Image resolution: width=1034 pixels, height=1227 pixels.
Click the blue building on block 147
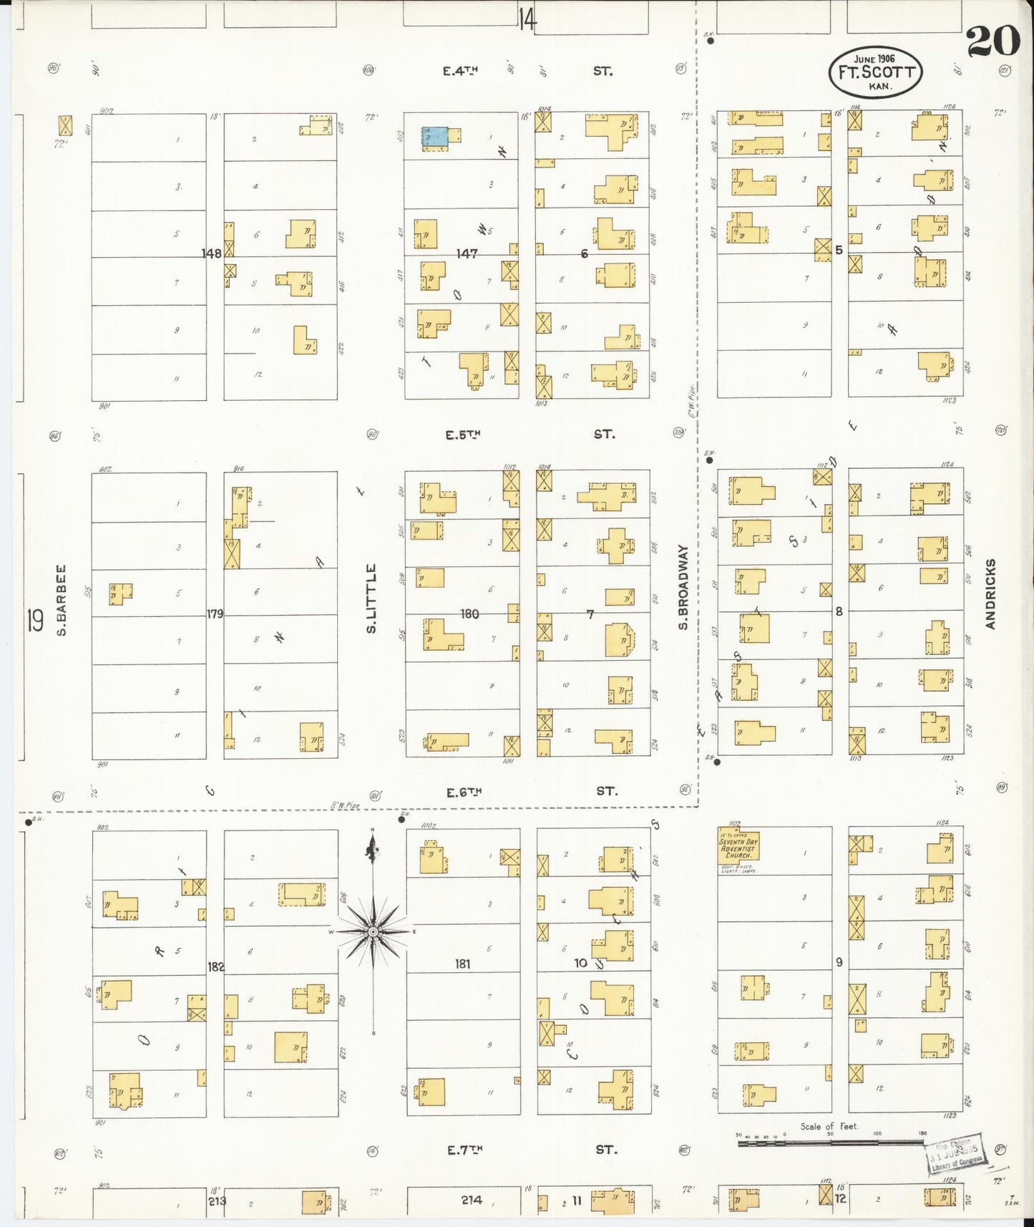click(x=434, y=137)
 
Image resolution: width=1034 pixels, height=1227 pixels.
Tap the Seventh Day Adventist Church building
click(x=738, y=845)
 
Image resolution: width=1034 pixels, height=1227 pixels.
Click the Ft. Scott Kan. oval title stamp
click(x=875, y=72)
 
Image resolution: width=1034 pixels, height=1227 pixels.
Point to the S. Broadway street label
click(x=683, y=587)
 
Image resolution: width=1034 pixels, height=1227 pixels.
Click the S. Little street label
click(x=371, y=598)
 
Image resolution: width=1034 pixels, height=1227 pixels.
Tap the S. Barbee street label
click(x=62, y=600)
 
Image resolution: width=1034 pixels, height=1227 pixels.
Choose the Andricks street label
click(x=990, y=594)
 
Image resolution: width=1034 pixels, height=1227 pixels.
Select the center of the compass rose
click(x=373, y=931)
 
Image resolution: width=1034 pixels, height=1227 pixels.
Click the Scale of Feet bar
click(x=830, y=1143)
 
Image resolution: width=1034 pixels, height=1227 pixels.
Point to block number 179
click(x=215, y=613)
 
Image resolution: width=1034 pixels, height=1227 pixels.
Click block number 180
click(x=469, y=613)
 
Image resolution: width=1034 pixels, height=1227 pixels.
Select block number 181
click(x=463, y=964)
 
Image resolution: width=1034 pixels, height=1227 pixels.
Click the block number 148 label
click(x=211, y=253)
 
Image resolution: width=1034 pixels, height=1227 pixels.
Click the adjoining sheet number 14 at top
click(x=527, y=19)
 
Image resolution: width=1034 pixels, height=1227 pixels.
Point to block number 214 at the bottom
click(x=472, y=1200)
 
